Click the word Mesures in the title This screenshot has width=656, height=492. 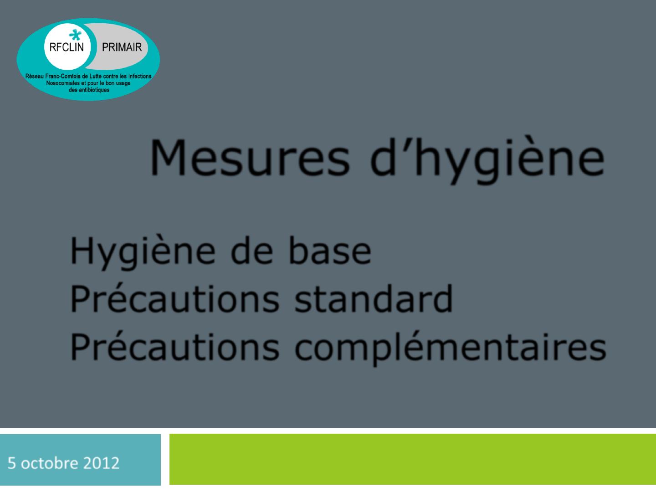pos(250,157)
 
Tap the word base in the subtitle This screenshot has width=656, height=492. pos(330,251)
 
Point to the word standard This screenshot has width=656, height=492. pos(374,298)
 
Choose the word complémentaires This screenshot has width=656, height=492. pos(451,348)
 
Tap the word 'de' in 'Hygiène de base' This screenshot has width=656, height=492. pos(251,251)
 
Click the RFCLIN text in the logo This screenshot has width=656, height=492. pos(67,47)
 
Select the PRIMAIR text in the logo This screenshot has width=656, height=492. pos(122,47)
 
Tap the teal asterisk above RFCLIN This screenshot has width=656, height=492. pos(75,35)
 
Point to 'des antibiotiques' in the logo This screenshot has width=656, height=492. pos(89,90)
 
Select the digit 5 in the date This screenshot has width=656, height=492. pos(12,463)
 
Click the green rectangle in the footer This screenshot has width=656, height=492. pos(413,460)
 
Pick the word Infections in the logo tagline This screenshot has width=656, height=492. pos(140,76)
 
